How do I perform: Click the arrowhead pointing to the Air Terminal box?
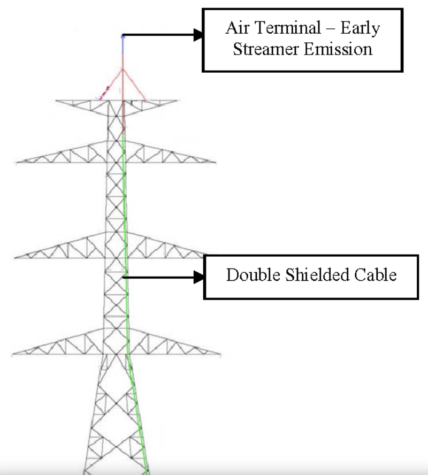click(x=198, y=36)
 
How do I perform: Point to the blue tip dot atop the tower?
click(x=123, y=36)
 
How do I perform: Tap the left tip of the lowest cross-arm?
click(x=13, y=354)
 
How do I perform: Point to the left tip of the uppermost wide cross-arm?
click(x=17, y=161)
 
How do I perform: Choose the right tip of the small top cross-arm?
click(x=177, y=100)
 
